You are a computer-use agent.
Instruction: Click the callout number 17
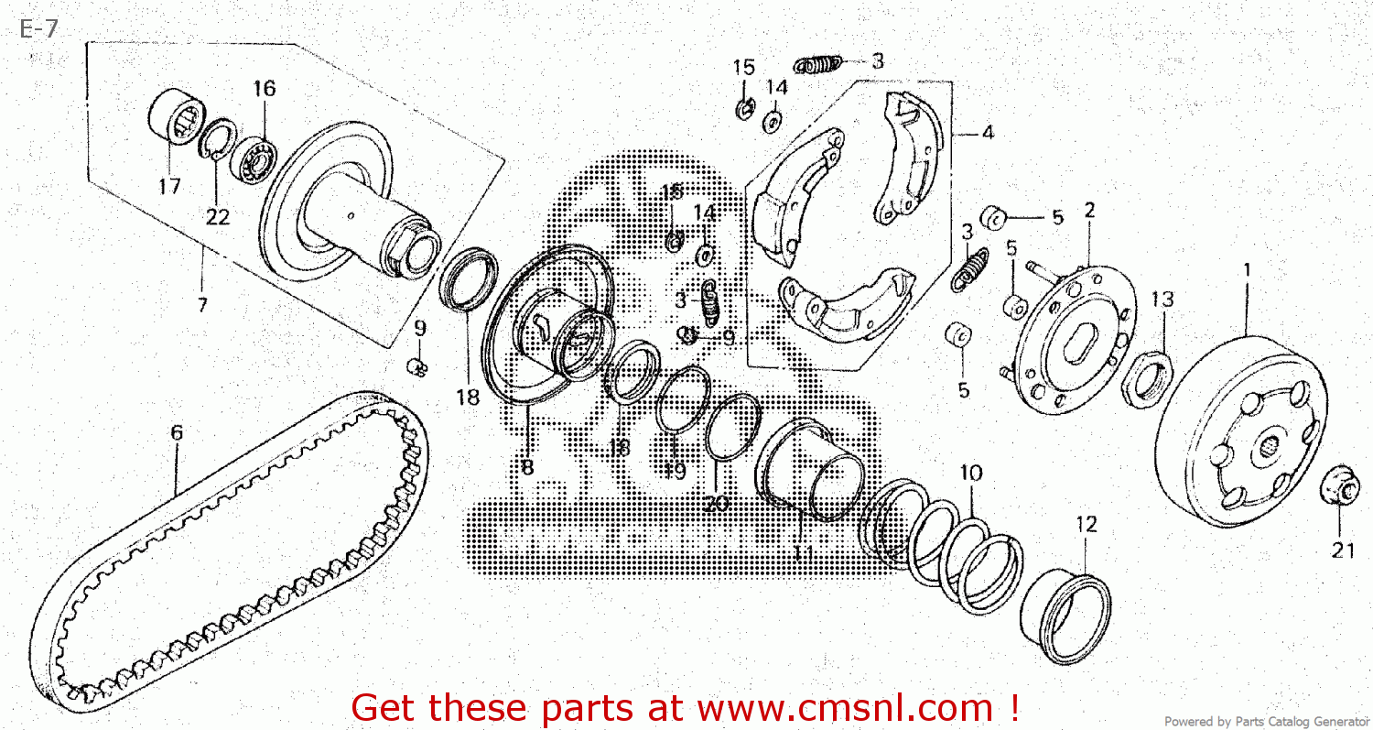pyautogui.click(x=169, y=187)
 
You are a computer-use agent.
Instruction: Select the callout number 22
pyautogui.click(x=218, y=217)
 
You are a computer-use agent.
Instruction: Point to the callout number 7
pyautogui.click(x=202, y=304)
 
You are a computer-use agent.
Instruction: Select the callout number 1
pyautogui.click(x=1246, y=272)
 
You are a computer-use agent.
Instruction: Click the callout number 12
pyautogui.click(x=1086, y=525)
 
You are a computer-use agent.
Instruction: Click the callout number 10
pyautogui.click(x=971, y=474)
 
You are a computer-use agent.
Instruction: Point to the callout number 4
pyautogui.click(x=987, y=132)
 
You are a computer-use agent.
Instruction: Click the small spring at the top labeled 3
pyautogui.click(x=818, y=64)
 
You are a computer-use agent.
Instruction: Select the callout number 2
pyautogui.click(x=1089, y=210)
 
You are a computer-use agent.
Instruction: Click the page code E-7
pyautogui.click(x=38, y=29)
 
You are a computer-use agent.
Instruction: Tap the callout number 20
pyautogui.click(x=717, y=503)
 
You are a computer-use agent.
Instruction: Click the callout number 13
pyautogui.click(x=1162, y=300)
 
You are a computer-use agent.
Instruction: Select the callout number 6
pyautogui.click(x=177, y=432)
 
